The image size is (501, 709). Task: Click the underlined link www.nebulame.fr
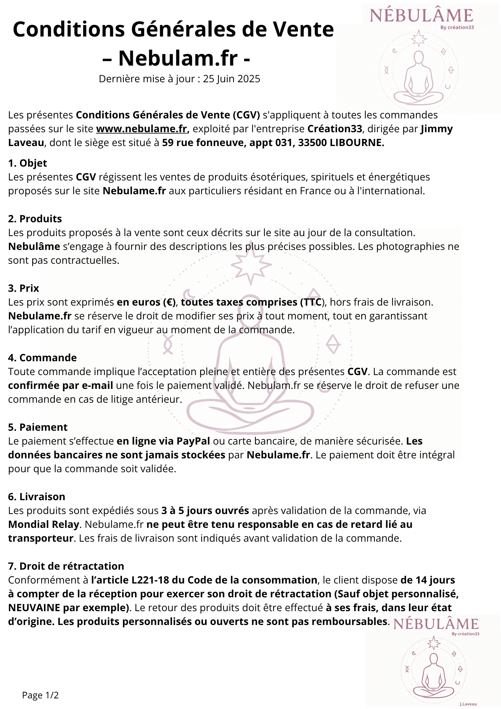(x=141, y=129)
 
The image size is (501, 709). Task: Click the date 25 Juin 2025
(x=231, y=79)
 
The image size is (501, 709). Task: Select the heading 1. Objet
(x=28, y=163)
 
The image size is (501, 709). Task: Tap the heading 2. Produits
(x=35, y=219)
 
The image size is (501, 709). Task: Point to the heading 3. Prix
(x=24, y=288)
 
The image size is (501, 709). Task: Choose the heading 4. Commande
(x=43, y=358)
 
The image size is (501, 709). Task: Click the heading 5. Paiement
(x=38, y=427)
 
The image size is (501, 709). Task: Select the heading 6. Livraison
(x=37, y=497)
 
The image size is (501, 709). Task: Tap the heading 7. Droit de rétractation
(x=66, y=566)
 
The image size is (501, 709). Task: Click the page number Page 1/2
(x=40, y=695)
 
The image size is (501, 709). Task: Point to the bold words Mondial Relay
(x=44, y=524)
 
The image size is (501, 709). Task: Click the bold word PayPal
(x=193, y=441)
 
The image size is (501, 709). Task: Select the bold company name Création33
(x=334, y=129)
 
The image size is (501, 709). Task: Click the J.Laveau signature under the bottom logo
(x=468, y=704)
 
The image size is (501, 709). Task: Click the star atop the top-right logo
(x=418, y=38)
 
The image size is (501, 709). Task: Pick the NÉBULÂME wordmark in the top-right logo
(x=421, y=16)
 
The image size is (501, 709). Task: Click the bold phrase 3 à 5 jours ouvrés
(x=205, y=510)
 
